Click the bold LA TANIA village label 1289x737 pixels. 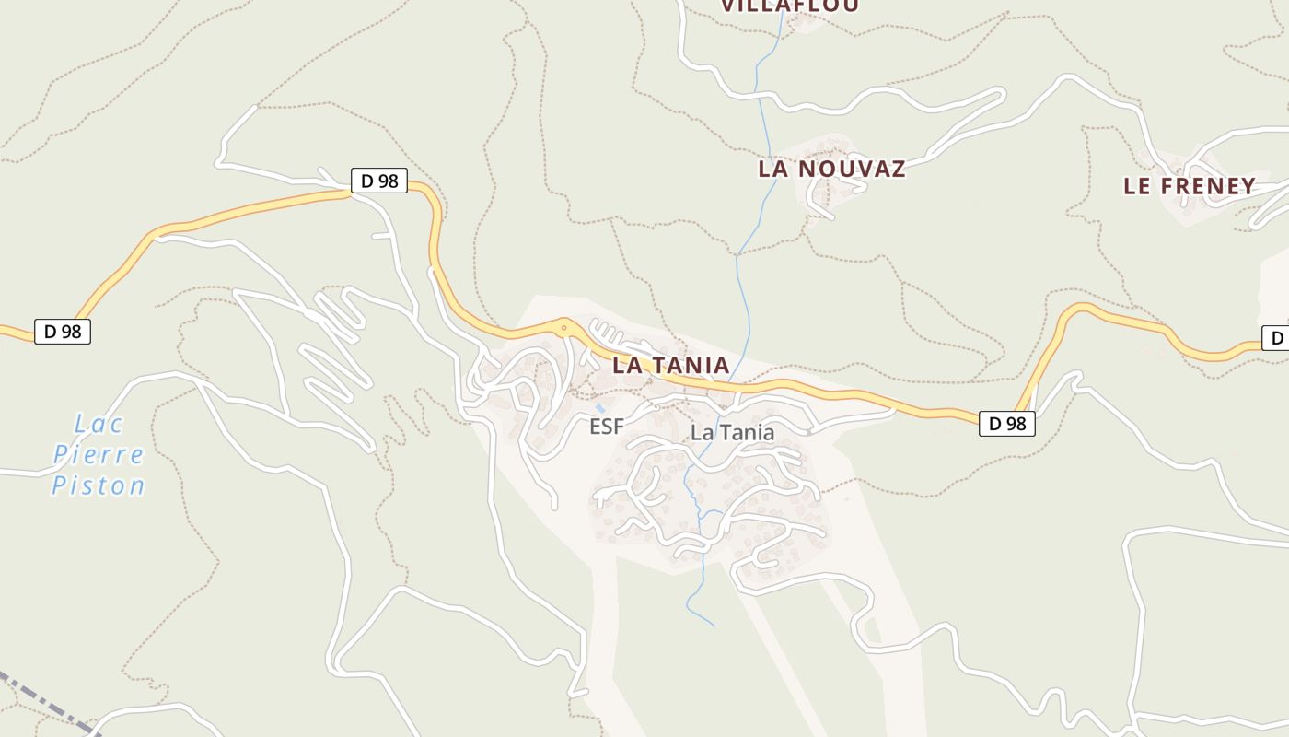pos(671,365)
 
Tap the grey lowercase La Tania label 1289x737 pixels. pos(732,432)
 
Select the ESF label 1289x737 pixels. pos(607,427)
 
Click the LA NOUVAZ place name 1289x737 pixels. pos(831,169)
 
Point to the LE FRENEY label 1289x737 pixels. pos(1189,186)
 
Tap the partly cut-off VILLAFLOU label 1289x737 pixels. pos(789,6)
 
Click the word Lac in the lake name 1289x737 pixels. pos(99,425)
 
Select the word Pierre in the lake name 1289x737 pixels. pos(99,455)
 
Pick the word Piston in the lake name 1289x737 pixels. pos(99,485)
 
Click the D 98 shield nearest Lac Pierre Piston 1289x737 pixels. pos(63,332)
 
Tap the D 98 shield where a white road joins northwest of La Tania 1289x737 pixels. pos(378,181)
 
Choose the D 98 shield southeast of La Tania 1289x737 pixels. pos(1007,424)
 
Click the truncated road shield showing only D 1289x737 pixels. pos(1276,338)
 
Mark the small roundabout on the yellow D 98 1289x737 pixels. pos(563,326)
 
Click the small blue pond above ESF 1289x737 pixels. pos(600,406)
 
